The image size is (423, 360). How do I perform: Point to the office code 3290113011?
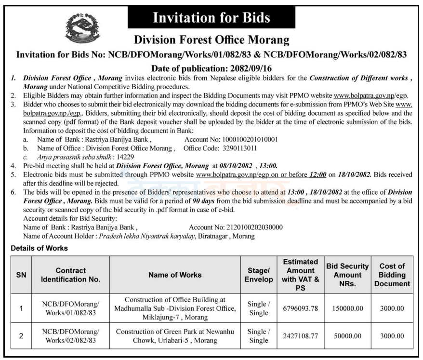point(246,148)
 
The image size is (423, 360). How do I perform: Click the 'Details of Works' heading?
point(40,248)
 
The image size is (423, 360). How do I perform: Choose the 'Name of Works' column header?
point(175,275)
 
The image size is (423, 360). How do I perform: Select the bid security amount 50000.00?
point(347,336)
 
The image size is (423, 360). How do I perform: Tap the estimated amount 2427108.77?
point(301,336)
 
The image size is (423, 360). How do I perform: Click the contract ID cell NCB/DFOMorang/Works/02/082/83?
point(71,336)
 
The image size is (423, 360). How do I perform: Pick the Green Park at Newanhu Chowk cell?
point(175,336)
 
